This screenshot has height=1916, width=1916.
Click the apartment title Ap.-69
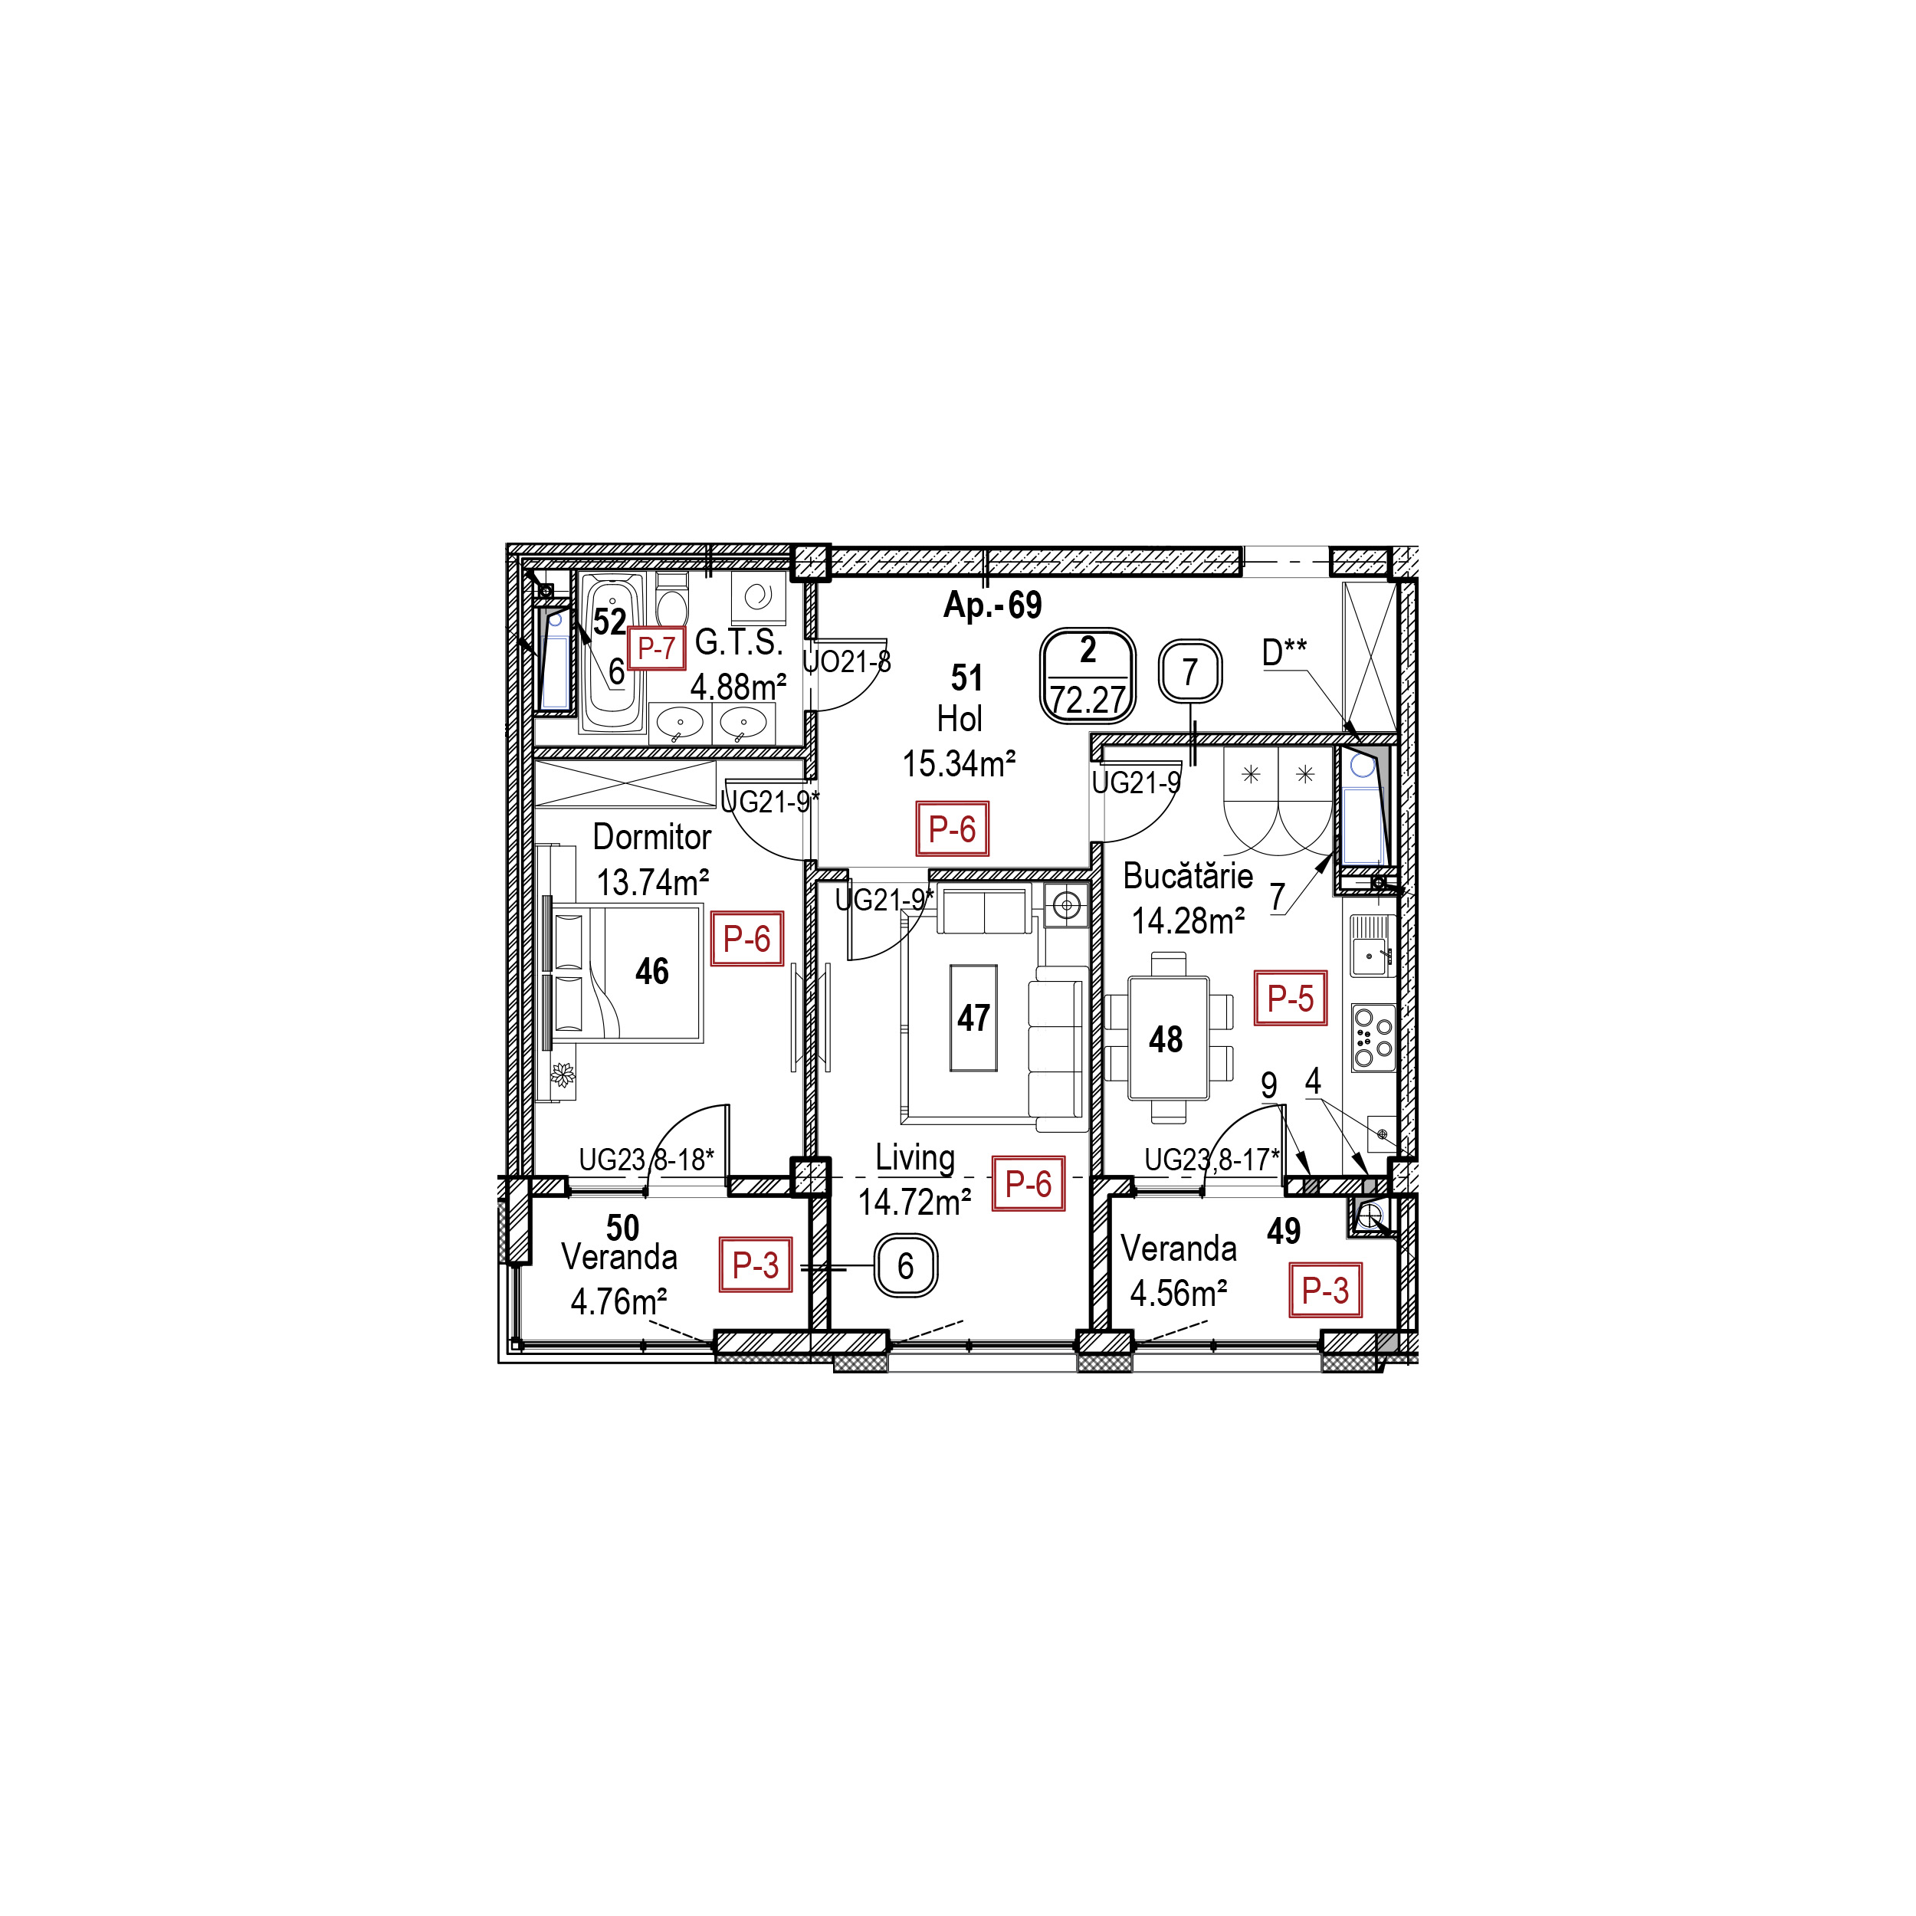(x=992, y=604)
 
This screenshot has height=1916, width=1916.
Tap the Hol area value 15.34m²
(x=958, y=763)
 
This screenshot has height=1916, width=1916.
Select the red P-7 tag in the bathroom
(x=655, y=648)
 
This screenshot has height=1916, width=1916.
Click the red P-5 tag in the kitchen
(x=1290, y=998)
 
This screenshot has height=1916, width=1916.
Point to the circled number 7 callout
(x=1190, y=672)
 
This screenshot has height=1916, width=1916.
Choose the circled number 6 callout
(x=905, y=1265)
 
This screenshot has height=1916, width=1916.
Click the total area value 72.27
(x=1088, y=699)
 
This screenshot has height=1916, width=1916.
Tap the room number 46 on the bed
(x=651, y=971)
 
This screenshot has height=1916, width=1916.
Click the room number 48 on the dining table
(x=1165, y=1038)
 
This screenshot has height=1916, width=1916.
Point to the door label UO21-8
(x=846, y=661)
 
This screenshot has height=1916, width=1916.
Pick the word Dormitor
(x=651, y=836)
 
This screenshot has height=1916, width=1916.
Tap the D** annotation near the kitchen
(x=1284, y=652)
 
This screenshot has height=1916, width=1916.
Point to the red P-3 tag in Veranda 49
(x=1325, y=1289)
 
